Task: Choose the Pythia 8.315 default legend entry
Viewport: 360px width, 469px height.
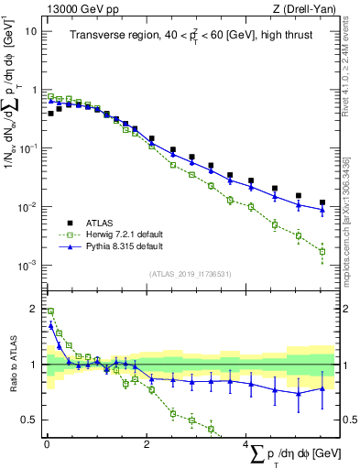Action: (113, 246)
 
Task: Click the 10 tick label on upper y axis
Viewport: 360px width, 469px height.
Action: (29, 29)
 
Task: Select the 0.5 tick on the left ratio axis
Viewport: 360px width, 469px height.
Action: (29, 420)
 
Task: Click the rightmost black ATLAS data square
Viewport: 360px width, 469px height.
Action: (322, 202)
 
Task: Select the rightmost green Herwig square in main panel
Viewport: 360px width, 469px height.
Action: (322, 251)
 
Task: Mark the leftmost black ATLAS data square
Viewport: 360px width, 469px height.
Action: (50, 115)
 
